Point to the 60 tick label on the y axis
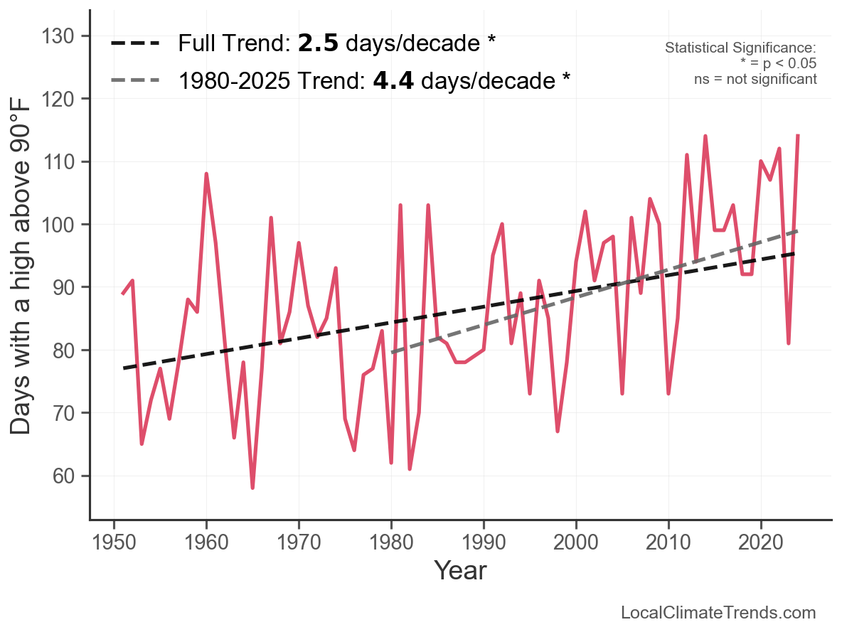pyautogui.click(x=60, y=476)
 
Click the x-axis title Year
pyautogui.click(x=460, y=570)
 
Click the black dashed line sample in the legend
pyautogui.click(x=135, y=44)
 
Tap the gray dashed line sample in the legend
pyautogui.click(x=135, y=80)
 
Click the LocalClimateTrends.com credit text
pyautogui.click(x=718, y=613)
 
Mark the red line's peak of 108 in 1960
pyautogui.click(x=206, y=174)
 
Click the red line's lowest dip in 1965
pyautogui.click(x=252, y=487)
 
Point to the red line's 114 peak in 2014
pyautogui.click(x=705, y=136)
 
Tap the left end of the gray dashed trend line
pyautogui.click(x=392, y=353)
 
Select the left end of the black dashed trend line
pyautogui.click(x=124, y=368)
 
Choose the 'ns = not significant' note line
pyautogui.click(x=755, y=78)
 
